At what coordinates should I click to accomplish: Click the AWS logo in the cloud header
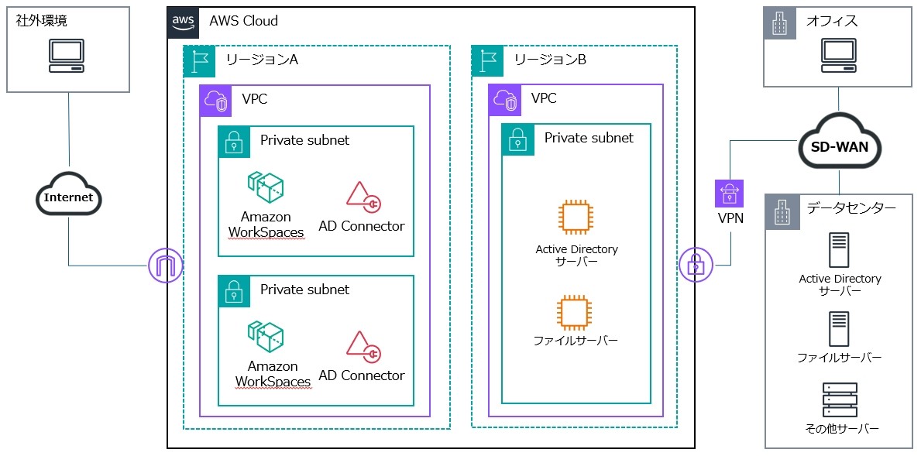(x=184, y=22)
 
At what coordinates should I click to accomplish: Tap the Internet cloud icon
(x=68, y=197)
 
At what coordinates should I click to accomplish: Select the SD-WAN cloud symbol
(x=840, y=146)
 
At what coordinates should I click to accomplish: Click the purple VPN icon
(x=729, y=193)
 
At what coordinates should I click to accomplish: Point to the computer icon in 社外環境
(x=67, y=56)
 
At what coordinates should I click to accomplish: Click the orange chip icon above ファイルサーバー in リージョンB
(x=573, y=312)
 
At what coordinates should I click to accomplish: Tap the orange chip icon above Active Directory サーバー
(x=573, y=218)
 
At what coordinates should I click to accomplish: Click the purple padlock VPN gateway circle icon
(x=695, y=266)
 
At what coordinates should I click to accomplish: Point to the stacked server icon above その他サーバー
(x=840, y=400)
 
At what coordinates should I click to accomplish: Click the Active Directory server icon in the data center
(x=840, y=250)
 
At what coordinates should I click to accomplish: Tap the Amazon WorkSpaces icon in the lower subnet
(x=265, y=338)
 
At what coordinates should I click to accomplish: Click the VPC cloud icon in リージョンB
(x=503, y=100)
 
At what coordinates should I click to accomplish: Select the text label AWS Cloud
(x=243, y=21)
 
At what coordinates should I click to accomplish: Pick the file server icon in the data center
(x=839, y=329)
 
